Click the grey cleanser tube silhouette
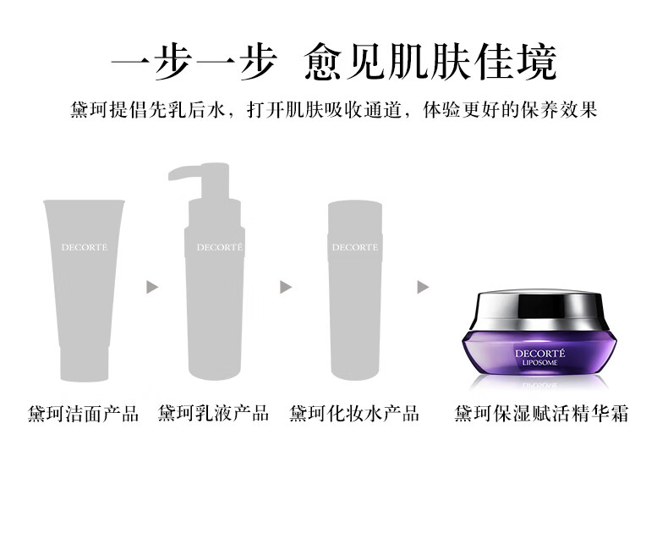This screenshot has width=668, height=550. [x=84, y=290]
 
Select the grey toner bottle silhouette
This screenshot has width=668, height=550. [x=355, y=290]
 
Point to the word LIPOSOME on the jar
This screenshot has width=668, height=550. [x=539, y=363]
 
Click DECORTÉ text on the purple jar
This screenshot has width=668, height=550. [x=539, y=354]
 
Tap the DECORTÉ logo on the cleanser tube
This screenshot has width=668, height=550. [x=85, y=247]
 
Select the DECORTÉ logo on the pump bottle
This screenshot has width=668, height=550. [x=220, y=247]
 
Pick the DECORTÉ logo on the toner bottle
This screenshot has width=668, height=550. [x=355, y=247]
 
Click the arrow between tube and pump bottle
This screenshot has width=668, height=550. [x=152, y=287]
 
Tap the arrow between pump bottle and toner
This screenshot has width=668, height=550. [x=286, y=287]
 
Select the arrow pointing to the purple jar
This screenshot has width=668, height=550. [x=423, y=287]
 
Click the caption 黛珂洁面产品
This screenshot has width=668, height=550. [x=84, y=414]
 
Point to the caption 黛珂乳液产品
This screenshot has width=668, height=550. [x=213, y=414]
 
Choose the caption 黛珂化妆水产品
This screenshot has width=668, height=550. [x=354, y=414]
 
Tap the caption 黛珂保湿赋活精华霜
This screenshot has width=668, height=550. [x=541, y=414]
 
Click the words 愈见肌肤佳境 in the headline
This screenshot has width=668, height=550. [x=430, y=63]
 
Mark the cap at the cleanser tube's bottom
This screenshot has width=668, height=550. [x=84, y=364]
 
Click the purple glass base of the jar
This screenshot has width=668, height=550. [x=539, y=353]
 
